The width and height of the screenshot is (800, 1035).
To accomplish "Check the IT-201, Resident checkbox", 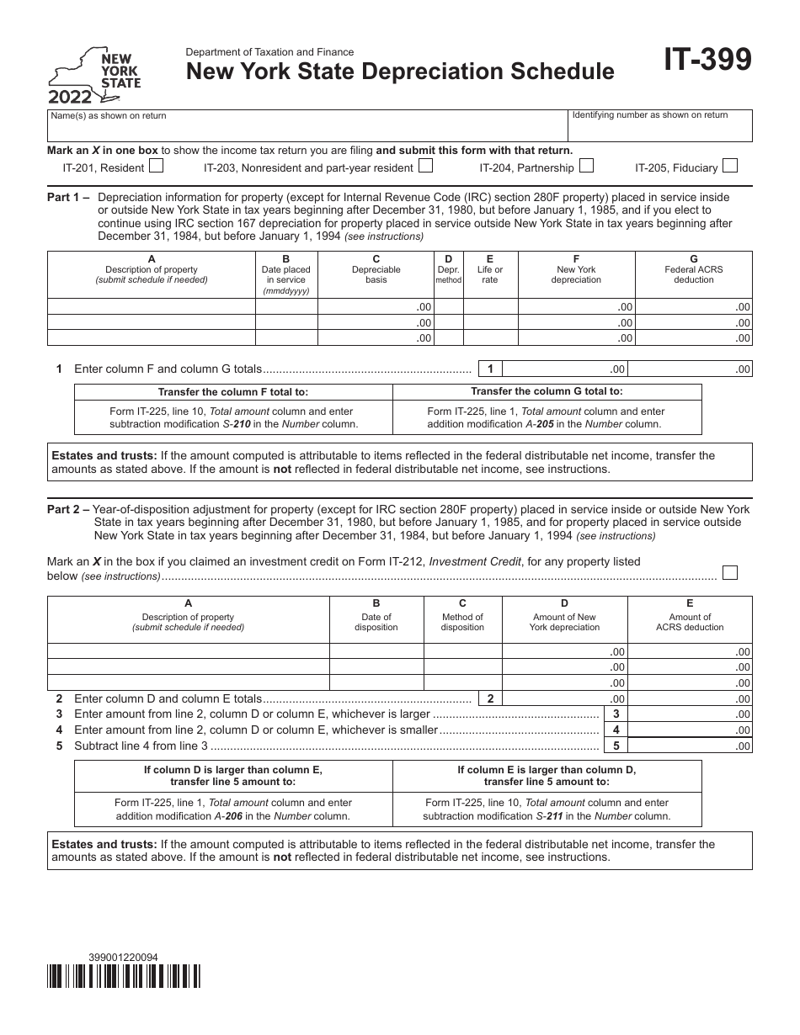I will click(156, 167).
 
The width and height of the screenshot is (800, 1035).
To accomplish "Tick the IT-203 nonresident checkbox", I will click(426, 167).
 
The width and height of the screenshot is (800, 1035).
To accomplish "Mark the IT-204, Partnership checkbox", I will click(586, 167).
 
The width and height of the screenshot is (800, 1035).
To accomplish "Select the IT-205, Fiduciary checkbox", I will click(731, 167).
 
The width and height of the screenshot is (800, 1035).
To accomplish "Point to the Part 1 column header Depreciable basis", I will click(376, 274).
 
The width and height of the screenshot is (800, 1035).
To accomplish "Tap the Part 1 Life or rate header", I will click(489, 274).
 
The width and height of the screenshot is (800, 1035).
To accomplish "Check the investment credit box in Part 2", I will click(731, 573).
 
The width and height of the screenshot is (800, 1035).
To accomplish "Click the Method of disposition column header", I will click(462, 622).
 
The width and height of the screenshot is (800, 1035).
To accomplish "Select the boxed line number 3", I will click(616, 714).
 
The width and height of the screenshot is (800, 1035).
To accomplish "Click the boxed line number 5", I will click(616, 746).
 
